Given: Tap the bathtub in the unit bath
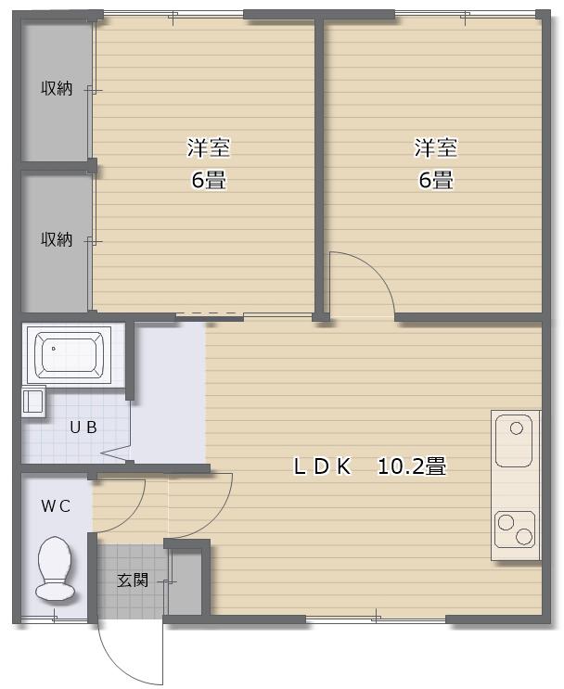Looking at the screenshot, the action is pyautogui.click(x=70, y=354).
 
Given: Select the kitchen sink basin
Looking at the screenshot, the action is pyautogui.click(x=514, y=440).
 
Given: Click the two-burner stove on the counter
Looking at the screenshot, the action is pyautogui.click(x=514, y=530).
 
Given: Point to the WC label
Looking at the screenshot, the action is pyautogui.click(x=56, y=505).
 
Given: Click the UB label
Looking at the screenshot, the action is pyautogui.click(x=83, y=427).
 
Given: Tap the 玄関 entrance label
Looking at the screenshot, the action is pyautogui.click(x=133, y=581).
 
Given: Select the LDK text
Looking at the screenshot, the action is pyautogui.click(x=322, y=466).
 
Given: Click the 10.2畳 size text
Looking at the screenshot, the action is pyautogui.click(x=412, y=466).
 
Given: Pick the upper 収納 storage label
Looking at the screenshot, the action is pyautogui.click(x=57, y=88).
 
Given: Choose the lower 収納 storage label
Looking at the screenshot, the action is pyautogui.click(x=57, y=239).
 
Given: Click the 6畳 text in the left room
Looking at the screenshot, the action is pyautogui.click(x=209, y=179).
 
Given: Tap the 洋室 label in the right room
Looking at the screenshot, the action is pyautogui.click(x=436, y=147).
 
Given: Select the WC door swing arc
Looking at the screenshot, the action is pyautogui.click(x=131, y=518).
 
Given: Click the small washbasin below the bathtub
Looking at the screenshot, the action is pyautogui.click(x=33, y=401).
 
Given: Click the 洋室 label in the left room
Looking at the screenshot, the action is pyautogui.click(x=209, y=147).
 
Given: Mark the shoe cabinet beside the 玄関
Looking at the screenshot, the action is pyautogui.click(x=185, y=581).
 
